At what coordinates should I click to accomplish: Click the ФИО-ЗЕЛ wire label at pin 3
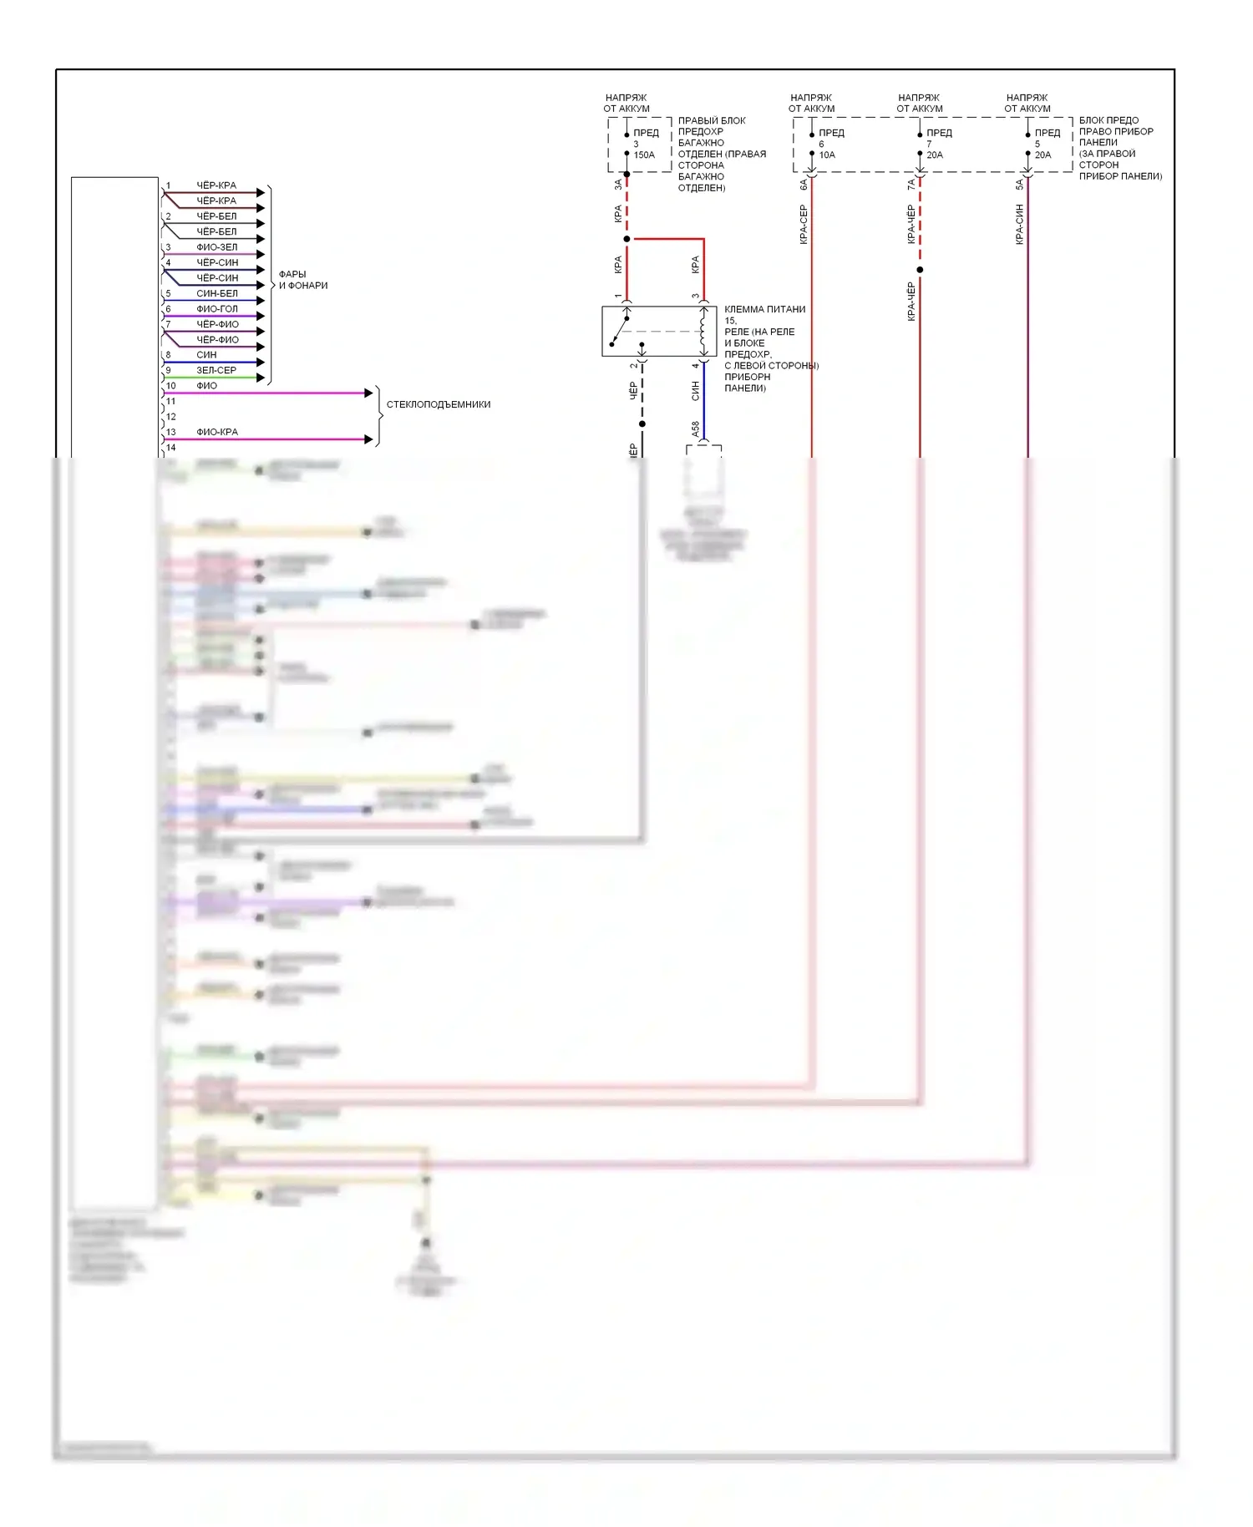[216, 247]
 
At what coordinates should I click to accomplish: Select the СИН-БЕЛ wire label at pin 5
[216, 293]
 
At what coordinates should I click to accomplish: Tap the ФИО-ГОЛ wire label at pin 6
[216, 309]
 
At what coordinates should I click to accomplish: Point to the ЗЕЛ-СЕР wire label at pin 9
[216, 370]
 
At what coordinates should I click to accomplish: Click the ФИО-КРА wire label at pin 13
[216, 432]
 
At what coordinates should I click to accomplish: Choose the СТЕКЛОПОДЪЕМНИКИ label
[438, 404]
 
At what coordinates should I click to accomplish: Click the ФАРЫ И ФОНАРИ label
[302, 280]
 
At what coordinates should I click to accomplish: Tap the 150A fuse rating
[644, 155]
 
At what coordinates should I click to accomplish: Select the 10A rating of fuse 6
[827, 155]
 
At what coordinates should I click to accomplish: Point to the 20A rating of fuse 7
[935, 155]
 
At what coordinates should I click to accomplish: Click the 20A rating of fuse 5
[1042, 155]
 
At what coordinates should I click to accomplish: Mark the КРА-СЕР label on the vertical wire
[804, 224]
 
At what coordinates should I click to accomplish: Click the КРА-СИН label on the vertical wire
[1019, 224]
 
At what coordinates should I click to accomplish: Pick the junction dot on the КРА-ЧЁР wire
[920, 270]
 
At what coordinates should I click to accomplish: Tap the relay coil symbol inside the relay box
[703, 332]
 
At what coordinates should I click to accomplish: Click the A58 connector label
[695, 429]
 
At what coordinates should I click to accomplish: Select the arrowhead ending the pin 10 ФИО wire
[368, 393]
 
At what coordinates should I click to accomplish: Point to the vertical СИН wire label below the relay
[695, 390]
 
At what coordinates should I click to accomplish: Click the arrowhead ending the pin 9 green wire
[261, 378]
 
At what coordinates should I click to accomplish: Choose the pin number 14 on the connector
[170, 448]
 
